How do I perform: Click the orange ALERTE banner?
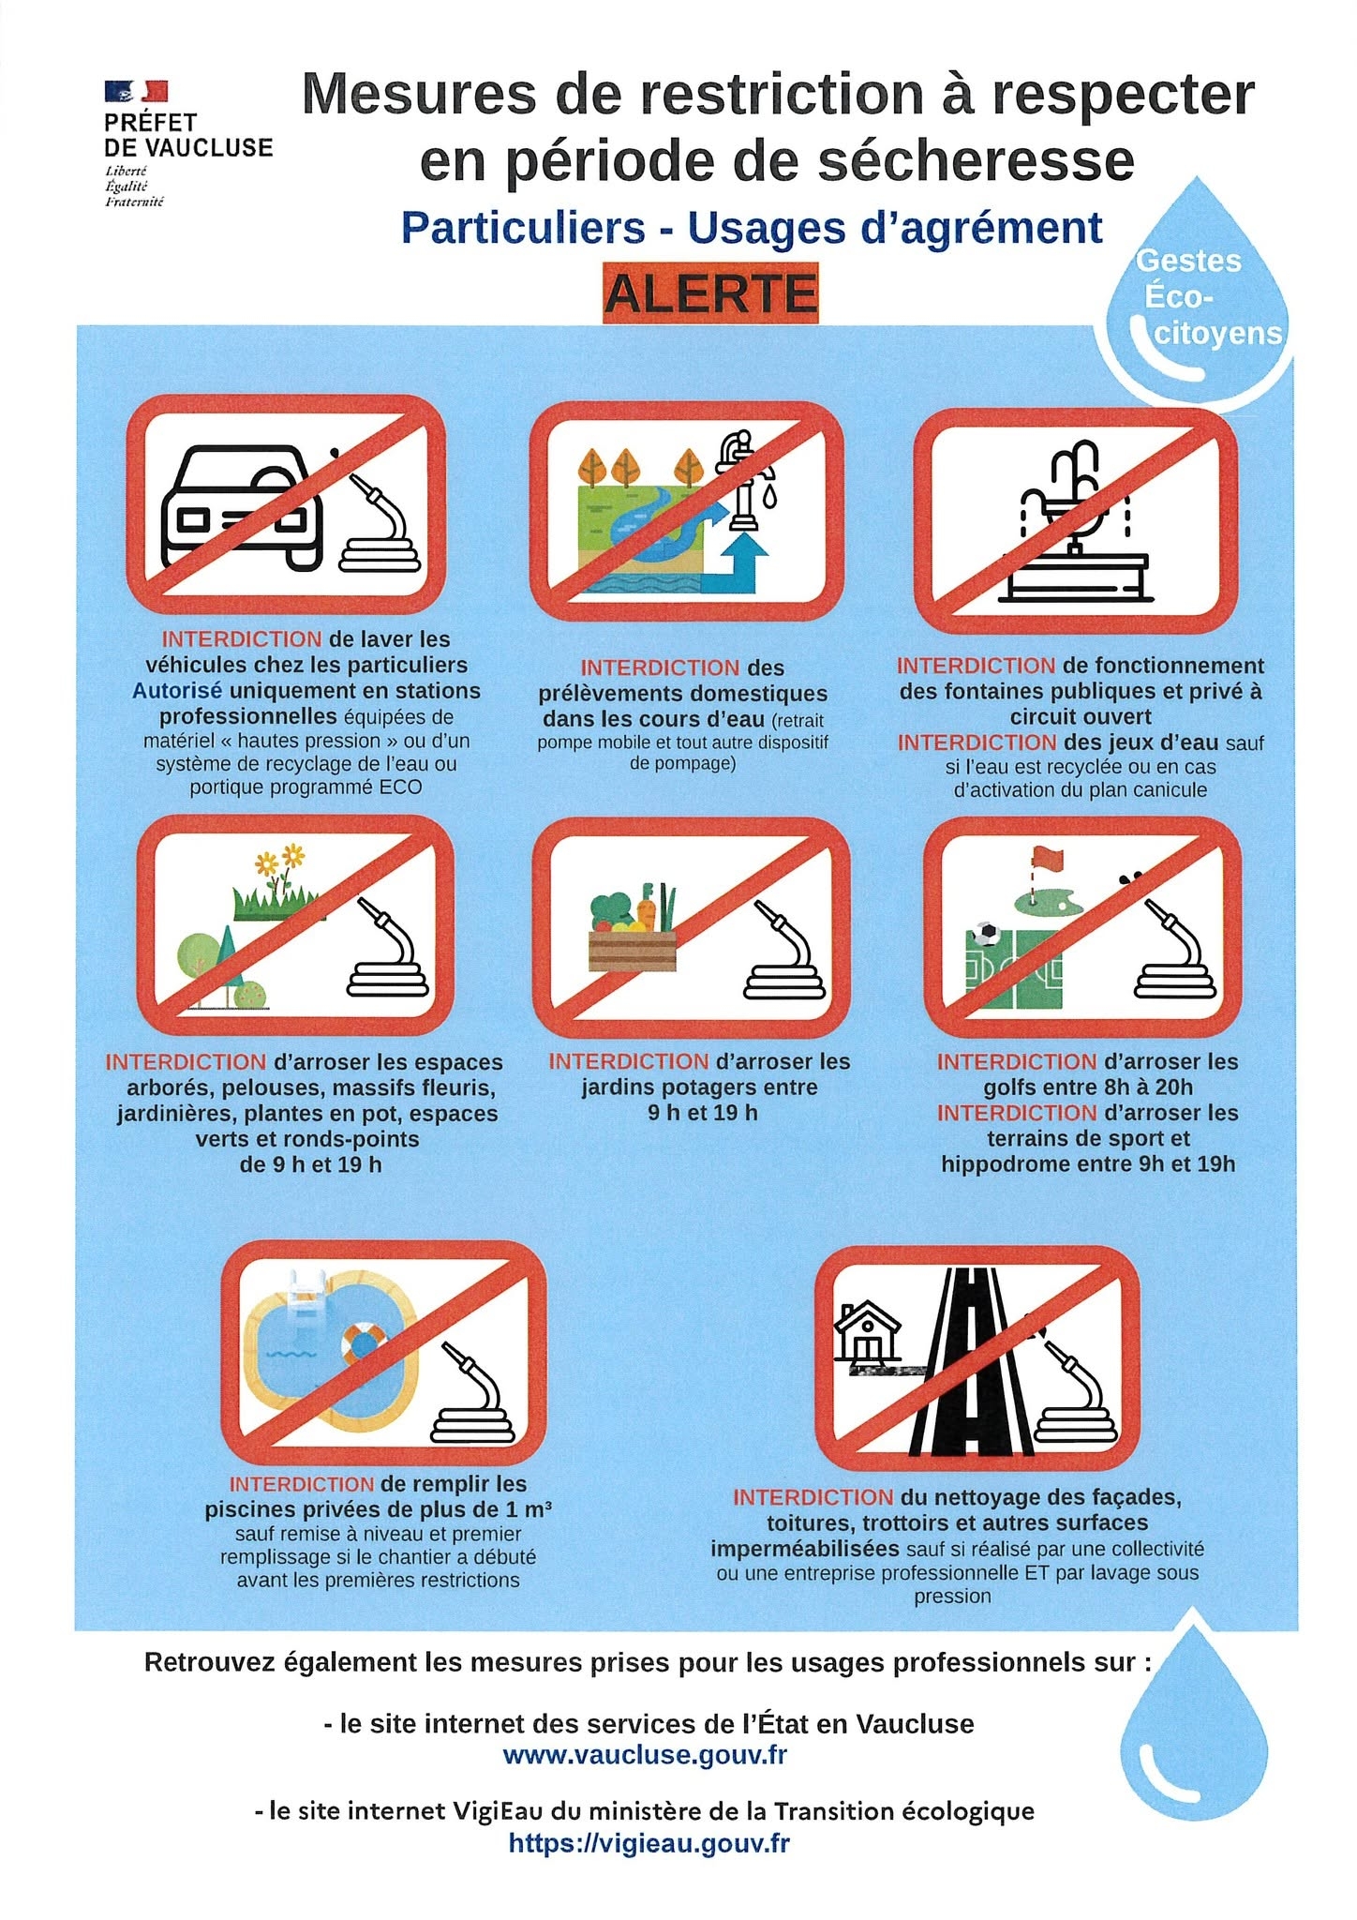point(709,294)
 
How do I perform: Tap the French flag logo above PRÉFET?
point(137,92)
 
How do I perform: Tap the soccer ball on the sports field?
point(985,934)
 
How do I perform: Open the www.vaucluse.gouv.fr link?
point(645,1755)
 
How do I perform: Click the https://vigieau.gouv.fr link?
point(649,1843)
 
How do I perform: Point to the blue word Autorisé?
point(177,691)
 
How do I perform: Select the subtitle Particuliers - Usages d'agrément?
point(752,228)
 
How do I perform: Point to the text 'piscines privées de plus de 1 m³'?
point(378,1510)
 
